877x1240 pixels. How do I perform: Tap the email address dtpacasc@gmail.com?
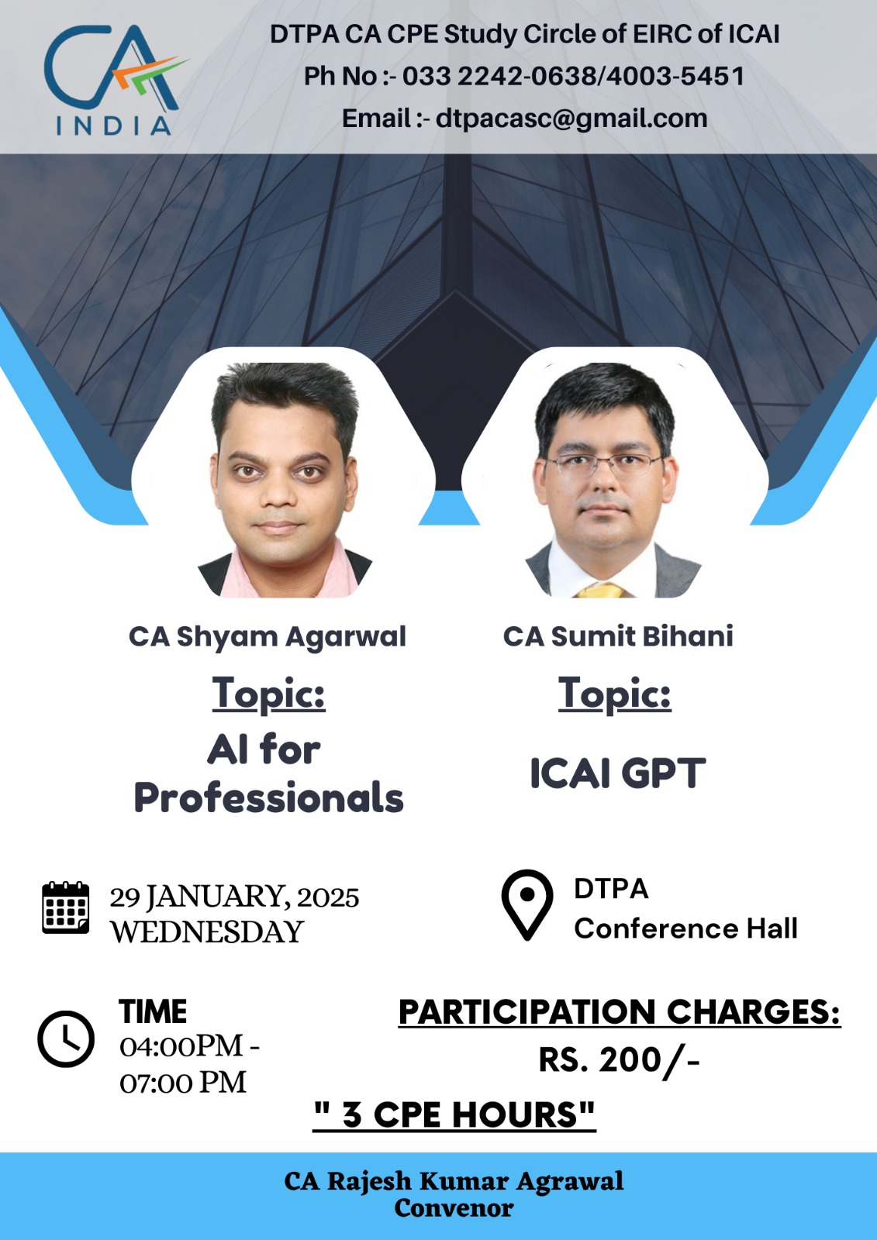pyautogui.click(x=571, y=119)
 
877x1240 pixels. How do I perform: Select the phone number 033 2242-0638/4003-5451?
pyautogui.click(x=573, y=76)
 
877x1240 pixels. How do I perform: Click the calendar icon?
pyautogui.click(x=65, y=908)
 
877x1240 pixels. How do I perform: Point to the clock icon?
pyautogui.click(x=66, y=1038)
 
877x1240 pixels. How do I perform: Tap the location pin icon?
pyautogui.click(x=527, y=904)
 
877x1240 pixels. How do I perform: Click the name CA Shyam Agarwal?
pyautogui.click(x=268, y=636)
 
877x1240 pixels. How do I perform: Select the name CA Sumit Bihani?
pyautogui.click(x=618, y=636)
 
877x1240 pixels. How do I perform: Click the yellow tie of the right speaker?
pyautogui.click(x=600, y=591)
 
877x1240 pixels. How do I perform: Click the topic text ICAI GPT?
pyautogui.click(x=618, y=773)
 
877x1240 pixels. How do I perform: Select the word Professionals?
pyautogui.click(x=269, y=798)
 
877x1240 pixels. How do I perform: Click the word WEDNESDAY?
pyautogui.click(x=206, y=932)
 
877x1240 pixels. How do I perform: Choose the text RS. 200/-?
pyautogui.click(x=620, y=1060)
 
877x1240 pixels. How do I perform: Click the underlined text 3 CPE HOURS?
pyautogui.click(x=454, y=1114)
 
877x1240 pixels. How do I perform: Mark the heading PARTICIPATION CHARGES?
pyautogui.click(x=620, y=1012)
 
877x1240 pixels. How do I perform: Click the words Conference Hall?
pyautogui.click(x=686, y=928)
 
